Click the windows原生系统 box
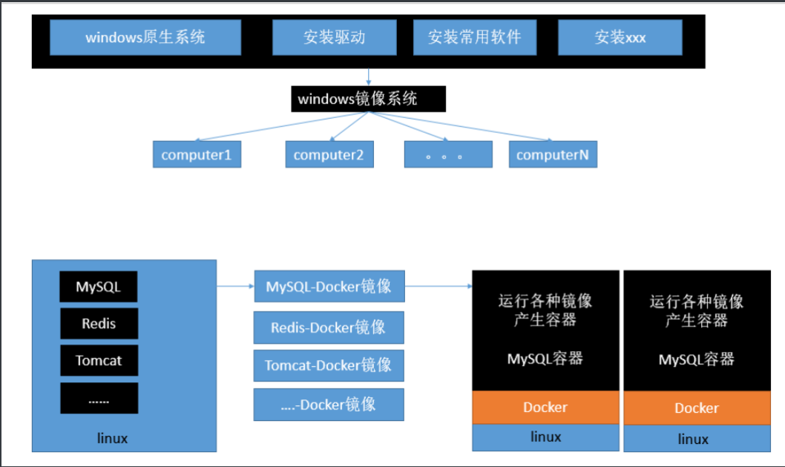tap(145, 37)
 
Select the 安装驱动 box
tap(335, 37)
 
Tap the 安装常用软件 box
tap(475, 37)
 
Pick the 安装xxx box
tap(620, 37)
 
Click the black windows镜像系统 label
tap(369, 99)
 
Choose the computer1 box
tap(197, 154)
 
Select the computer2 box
tap(329, 154)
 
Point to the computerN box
tap(553, 154)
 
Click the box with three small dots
tap(448, 154)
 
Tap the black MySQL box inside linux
tap(99, 287)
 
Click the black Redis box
tap(99, 324)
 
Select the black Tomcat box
tap(99, 360)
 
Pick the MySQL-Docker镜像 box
tap(329, 286)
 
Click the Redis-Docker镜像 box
tap(329, 327)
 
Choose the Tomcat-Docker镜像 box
tap(329, 365)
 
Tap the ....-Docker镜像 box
tap(329, 405)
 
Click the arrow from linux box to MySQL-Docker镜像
tap(235, 286)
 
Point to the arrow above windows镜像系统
tap(369, 77)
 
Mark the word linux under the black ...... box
tap(112, 439)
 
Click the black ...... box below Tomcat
tap(99, 399)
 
